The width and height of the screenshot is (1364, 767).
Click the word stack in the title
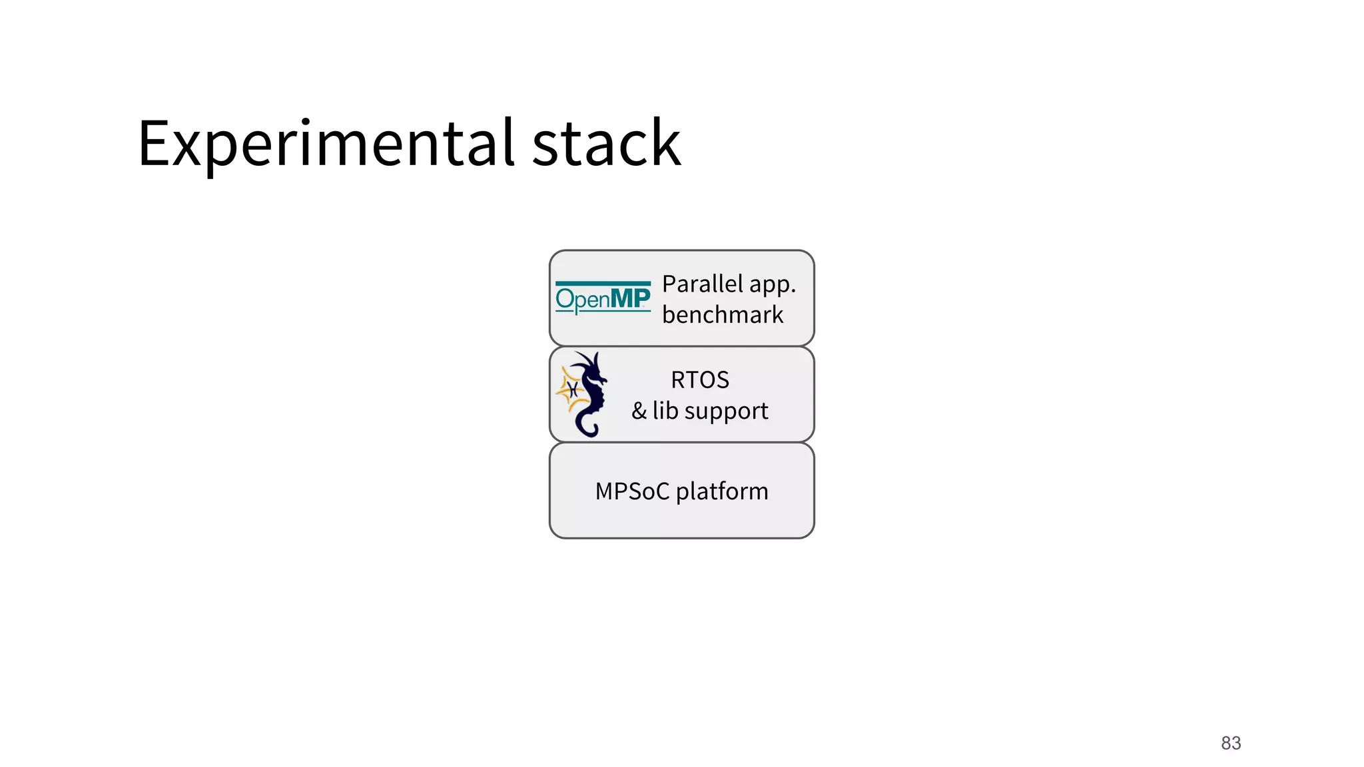coord(606,143)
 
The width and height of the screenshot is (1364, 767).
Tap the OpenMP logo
coord(603,298)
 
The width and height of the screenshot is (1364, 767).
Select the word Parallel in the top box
coord(702,284)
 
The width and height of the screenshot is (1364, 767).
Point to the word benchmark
coord(723,314)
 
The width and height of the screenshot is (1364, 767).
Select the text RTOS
coord(700,380)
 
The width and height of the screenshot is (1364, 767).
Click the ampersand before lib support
coord(639,411)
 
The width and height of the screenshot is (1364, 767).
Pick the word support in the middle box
coord(727,411)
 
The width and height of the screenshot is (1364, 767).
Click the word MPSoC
coord(632,491)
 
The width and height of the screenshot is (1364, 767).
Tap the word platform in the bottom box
coord(722,492)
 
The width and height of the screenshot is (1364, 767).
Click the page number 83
coord(1231,743)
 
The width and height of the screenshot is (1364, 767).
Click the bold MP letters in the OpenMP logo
coord(631,298)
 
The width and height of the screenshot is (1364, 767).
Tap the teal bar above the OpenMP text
coord(603,284)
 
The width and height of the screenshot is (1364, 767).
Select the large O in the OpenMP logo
coord(565,299)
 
